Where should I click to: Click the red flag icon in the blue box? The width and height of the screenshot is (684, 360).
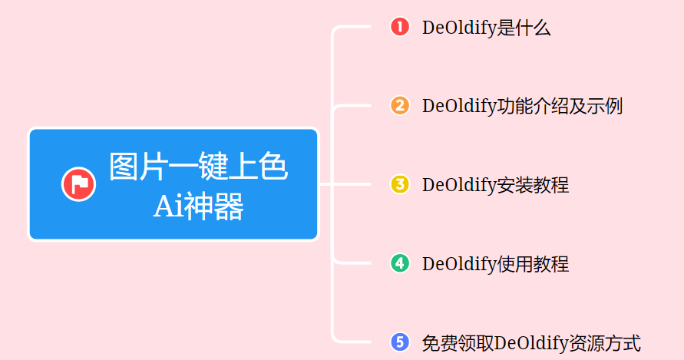78,184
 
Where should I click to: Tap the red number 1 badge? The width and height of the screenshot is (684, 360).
400,27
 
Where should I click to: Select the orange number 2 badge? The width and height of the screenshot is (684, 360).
400,106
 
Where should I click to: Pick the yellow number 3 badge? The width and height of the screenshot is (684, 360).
400,185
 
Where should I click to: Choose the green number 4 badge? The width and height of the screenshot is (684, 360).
400,264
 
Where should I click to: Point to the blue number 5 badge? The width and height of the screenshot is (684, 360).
400,342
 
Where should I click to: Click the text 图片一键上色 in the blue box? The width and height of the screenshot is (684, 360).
198,167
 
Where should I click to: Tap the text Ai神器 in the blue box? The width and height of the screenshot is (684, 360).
198,206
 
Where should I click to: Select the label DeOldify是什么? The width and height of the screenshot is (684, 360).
486,28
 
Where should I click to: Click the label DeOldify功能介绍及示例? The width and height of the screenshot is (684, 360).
522,107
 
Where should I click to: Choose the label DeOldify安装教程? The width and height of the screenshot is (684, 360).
495,186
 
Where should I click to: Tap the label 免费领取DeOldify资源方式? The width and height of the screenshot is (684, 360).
531,343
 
